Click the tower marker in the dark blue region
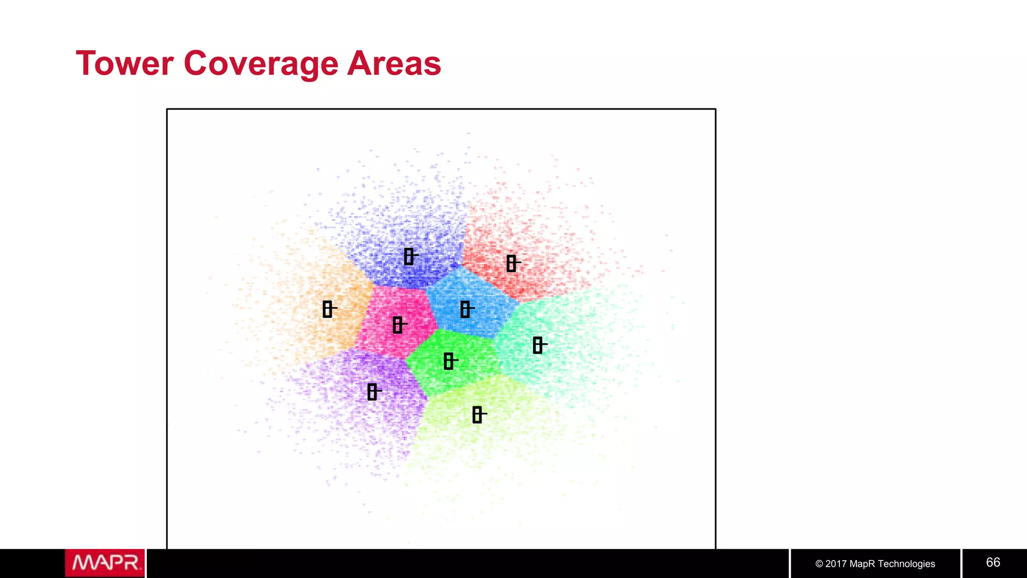(409, 256)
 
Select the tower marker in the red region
(511, 263)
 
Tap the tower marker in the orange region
(328, 309)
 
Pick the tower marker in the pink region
(398, 325)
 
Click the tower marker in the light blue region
(465, 310)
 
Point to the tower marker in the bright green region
(449, 361)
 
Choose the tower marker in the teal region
(538, 345)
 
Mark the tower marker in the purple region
(372, 392)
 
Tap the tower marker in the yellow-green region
(477, 415)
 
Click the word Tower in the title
(125, 64)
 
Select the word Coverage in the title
(261, 64)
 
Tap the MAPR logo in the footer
(105, 563)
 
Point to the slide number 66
(993, 562)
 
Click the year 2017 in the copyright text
(836, 564)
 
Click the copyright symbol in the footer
(819, 564)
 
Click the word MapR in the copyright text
(862, 564)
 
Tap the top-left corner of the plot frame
(167, 109)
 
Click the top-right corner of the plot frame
(716, 109)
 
